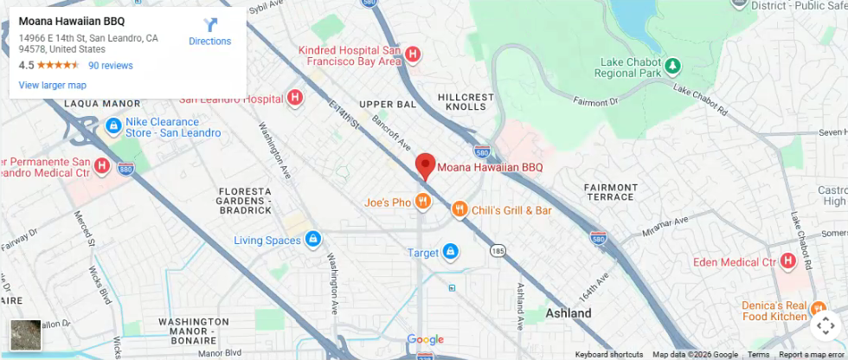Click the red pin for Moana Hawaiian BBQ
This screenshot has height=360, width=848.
click(425, 164)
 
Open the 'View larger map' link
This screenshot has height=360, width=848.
click(53, 85)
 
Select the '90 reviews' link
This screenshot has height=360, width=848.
click(111, 65)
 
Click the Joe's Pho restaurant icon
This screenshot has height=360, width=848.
click(422, 202)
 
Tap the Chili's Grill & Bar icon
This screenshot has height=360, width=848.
click(459, 209)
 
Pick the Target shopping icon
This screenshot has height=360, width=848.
click(450, 253)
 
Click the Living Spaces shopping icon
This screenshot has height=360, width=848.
click(313, 239)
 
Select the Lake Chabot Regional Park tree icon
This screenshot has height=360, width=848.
click(672, 66)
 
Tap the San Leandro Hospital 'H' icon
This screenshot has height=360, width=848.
click(295, 99)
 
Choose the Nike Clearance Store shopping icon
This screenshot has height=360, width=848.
click(113, 127)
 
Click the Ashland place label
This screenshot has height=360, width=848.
click(569, 313)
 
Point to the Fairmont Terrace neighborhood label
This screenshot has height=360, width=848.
click(611, 192)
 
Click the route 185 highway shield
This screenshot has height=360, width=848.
click(497, 251)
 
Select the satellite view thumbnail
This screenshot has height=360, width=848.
click(25, 335)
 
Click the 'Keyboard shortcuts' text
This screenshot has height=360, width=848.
click(608, 354)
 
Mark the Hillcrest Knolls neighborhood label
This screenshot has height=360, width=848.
click(466, 101)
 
